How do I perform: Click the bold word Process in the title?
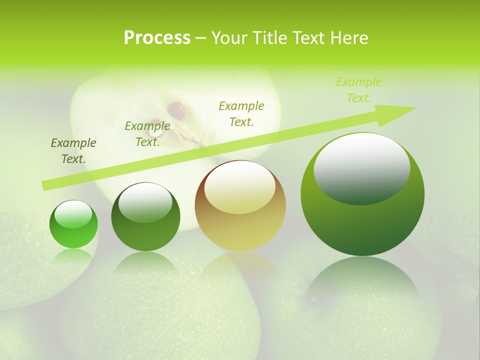(x=157, y=38)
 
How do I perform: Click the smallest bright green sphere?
(x=73, y=224)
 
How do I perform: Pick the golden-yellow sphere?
(x=240, y=205)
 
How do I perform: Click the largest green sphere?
(x=362, y=194)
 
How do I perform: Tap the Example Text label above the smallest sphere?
(x=73, y=151)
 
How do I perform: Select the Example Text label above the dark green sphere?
(x=147, y=134)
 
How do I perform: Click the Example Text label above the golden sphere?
(x=241, y=113)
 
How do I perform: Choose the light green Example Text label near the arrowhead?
(x=359, y=90)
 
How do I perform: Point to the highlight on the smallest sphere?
(x=73, y=214)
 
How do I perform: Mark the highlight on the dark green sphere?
(x=145, y=202)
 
